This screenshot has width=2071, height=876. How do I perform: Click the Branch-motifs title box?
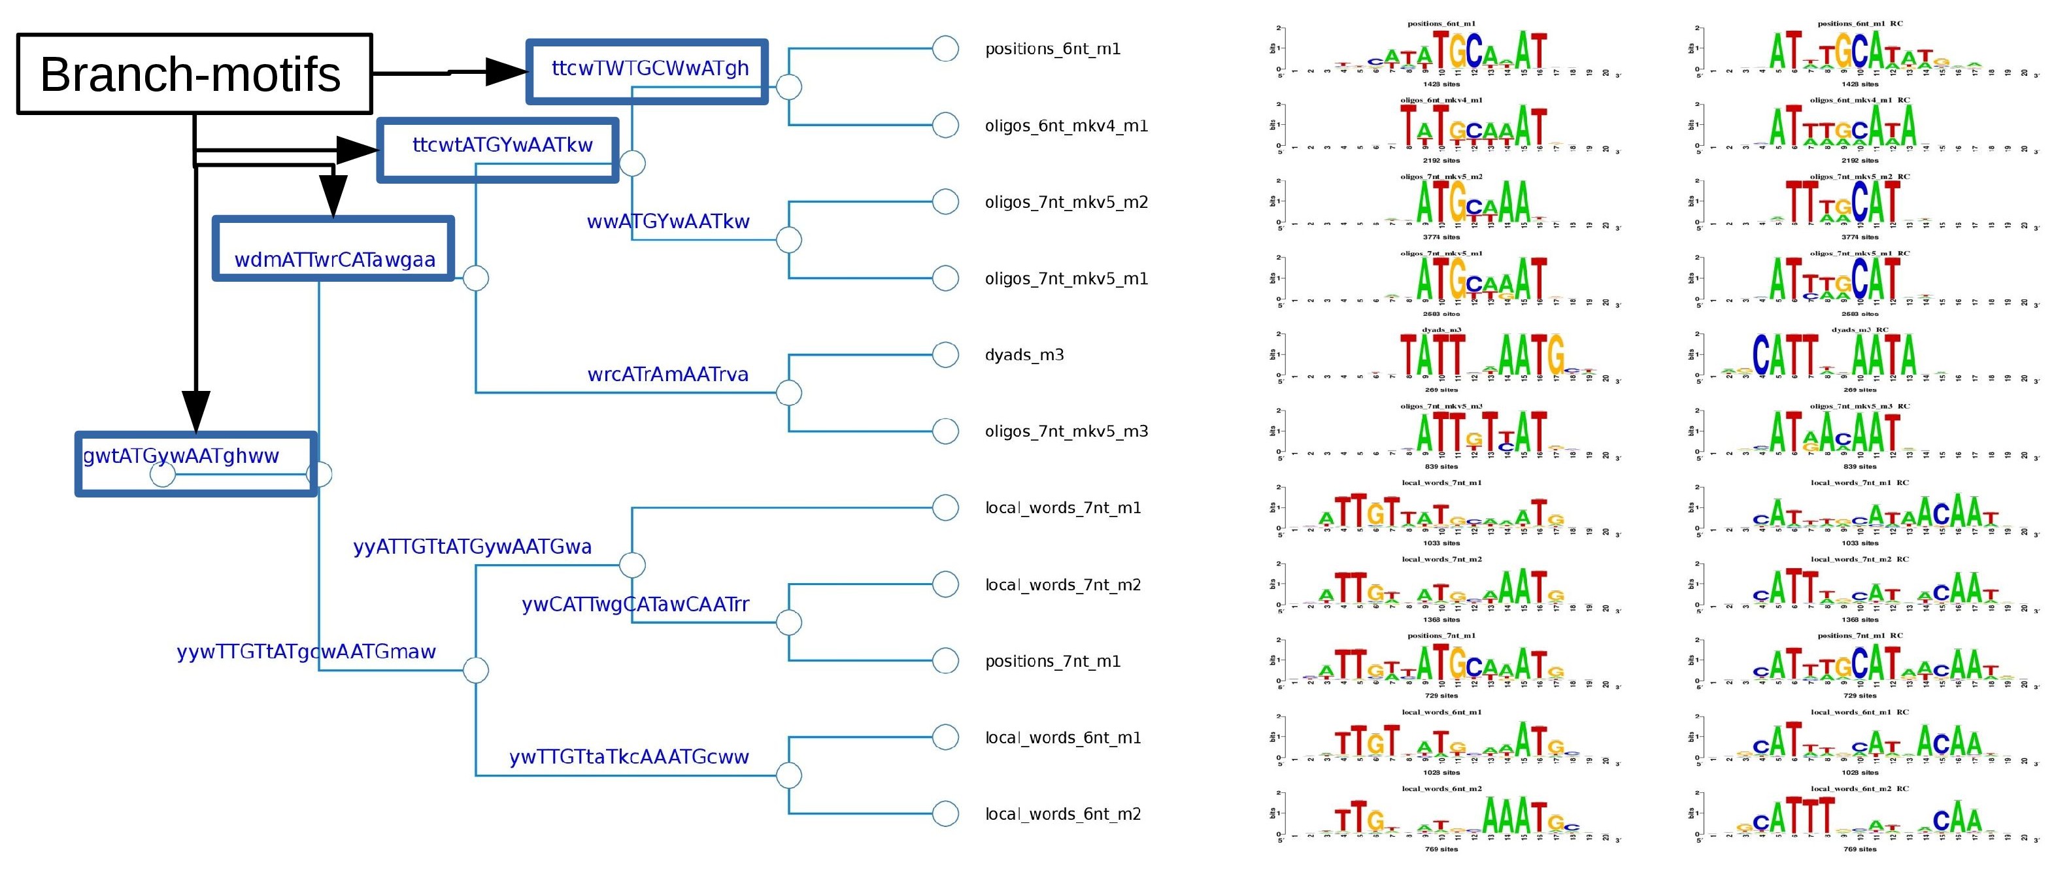click(194, 74)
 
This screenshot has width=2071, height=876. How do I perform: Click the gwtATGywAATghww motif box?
click(181, 456)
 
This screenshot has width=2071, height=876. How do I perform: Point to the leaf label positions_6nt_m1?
click(1052, 49)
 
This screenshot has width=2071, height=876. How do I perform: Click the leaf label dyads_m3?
click(1024, 355)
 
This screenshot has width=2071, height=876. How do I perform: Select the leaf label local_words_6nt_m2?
click(1063, 814)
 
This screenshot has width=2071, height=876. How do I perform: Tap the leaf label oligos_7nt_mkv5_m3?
click(1066, 431)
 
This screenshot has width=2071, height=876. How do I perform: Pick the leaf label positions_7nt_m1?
click(1052, 662)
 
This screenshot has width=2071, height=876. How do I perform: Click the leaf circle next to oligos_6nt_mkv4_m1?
click(945, 126)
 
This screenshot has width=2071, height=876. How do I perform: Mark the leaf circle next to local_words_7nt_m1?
click(945, 508)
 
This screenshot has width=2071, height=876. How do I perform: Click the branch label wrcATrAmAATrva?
click(667, 375)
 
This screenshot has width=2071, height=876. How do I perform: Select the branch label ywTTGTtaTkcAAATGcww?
click(629, 757)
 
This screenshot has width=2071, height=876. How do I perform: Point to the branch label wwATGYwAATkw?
click(667, 222)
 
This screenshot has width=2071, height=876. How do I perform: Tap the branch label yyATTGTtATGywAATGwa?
click(472, 547)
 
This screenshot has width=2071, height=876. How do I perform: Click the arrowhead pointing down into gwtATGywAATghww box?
click(195, 411)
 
